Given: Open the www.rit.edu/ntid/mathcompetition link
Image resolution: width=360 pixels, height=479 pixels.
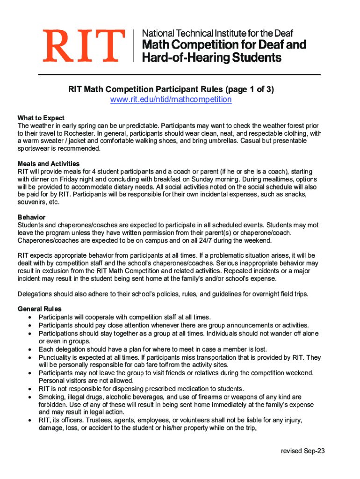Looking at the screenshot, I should click(x=171, y=100).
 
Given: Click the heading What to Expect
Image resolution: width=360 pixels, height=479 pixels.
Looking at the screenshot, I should click(x=41, y=118).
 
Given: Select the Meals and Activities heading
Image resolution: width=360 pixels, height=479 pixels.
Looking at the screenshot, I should click(x=49, y=164).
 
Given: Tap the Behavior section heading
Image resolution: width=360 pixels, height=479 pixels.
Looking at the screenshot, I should click(x=31, y=218).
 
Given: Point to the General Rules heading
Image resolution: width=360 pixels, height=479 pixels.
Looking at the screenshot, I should click(x=40, y=309).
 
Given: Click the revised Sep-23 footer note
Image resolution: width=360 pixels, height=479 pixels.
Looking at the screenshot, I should click(x=302, y=451).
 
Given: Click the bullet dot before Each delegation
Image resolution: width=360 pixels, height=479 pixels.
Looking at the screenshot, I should click(x=30, y=349).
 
